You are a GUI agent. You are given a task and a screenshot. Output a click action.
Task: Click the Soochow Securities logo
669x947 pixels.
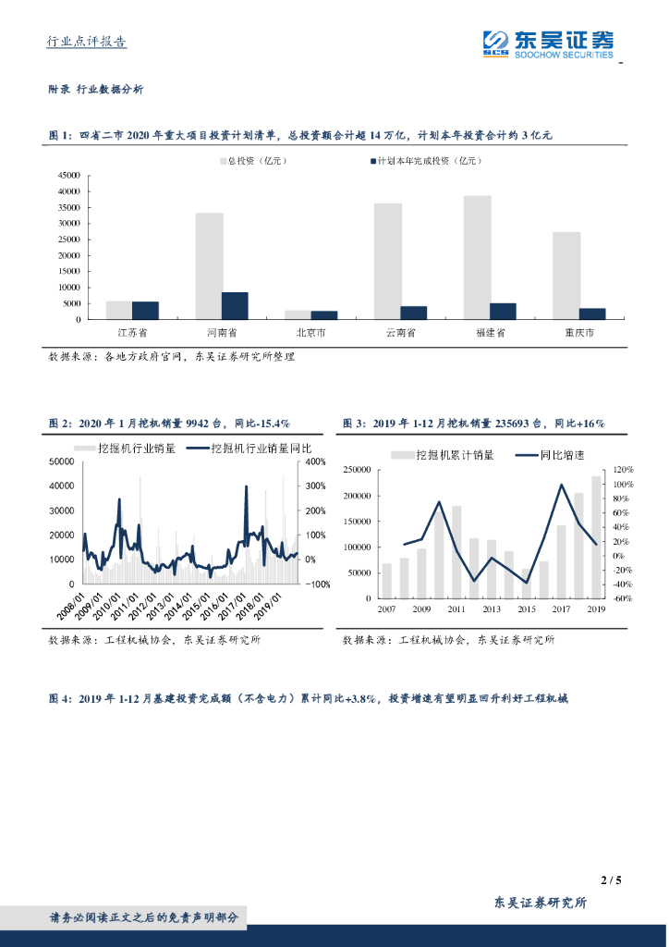(x=547, y=43)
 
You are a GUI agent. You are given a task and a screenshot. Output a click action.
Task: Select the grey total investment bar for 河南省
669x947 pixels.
(x=209, y=265)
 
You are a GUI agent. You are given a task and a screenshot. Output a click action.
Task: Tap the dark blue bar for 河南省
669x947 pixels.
(x=235, y=305)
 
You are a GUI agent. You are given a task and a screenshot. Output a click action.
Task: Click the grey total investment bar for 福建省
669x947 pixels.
(x=477, y=257)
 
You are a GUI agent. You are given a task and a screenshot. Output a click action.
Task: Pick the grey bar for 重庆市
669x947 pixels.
(x=566, y=275)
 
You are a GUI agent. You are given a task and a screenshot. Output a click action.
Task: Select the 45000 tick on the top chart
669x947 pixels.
(x=69, y=175)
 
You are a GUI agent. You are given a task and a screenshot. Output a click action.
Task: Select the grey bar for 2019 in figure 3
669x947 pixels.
(x=597, y=537)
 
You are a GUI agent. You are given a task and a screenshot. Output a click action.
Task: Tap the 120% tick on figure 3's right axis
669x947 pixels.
(x=620, y=471)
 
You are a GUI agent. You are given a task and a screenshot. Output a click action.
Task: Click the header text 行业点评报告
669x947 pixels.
(x=87, y=42)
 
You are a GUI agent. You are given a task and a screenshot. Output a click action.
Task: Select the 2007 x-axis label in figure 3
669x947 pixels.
(x=386, y=609)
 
